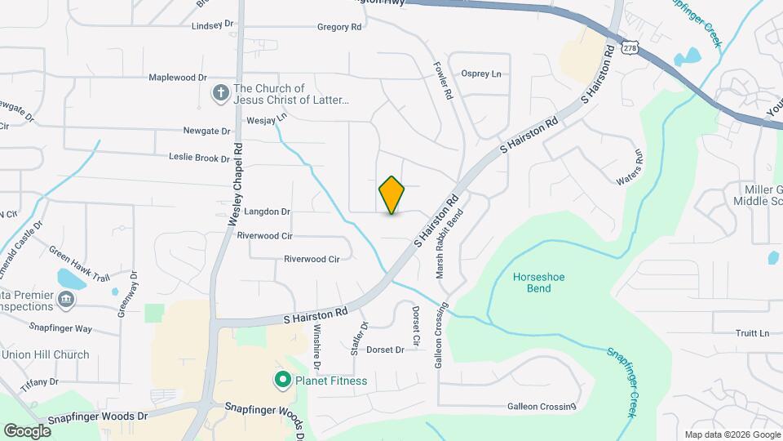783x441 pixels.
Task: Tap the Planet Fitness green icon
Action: pos(282,381)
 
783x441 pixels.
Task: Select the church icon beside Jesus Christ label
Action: pos(219,94)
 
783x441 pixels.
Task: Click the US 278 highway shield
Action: pos(630,47)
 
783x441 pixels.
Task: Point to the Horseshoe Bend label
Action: pos(538,283)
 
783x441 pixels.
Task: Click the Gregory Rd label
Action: pos(338,27)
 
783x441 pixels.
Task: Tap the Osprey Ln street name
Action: pos(481,74)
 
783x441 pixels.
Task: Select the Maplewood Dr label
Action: pos(177,78)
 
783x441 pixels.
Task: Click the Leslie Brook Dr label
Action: pos(200,157)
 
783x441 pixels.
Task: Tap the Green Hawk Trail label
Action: pos(79,264)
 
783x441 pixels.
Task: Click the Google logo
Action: pos(27,430)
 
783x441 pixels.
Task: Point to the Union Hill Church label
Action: pos(46,354)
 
